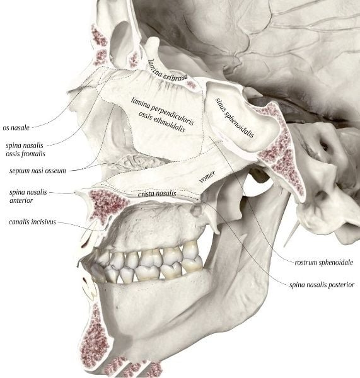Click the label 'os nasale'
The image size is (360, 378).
(x=16, y=127)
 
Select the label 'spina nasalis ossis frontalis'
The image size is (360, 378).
(x=25, y=149)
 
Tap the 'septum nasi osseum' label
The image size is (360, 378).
(x=37, y=171)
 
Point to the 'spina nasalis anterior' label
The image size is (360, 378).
(x=28, y=196)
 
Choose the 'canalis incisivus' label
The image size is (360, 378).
(x=32, y=222)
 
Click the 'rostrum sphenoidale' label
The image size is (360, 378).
(x=324, y=262)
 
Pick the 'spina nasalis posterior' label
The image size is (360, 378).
(x=322, y=285)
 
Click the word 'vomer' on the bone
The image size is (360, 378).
(x=207, y=177)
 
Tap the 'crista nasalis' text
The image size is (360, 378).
(x=157, y=193)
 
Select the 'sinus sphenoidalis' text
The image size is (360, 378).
(x=235, y=117)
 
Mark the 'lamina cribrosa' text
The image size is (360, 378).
(x=168, y=71)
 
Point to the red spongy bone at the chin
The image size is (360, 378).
(x=95, y=338)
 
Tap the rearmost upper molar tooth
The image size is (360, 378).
(x=191, y=248)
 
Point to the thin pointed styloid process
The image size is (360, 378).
(x=292, y=234)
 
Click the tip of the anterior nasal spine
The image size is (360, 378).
(x=75, y=192)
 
